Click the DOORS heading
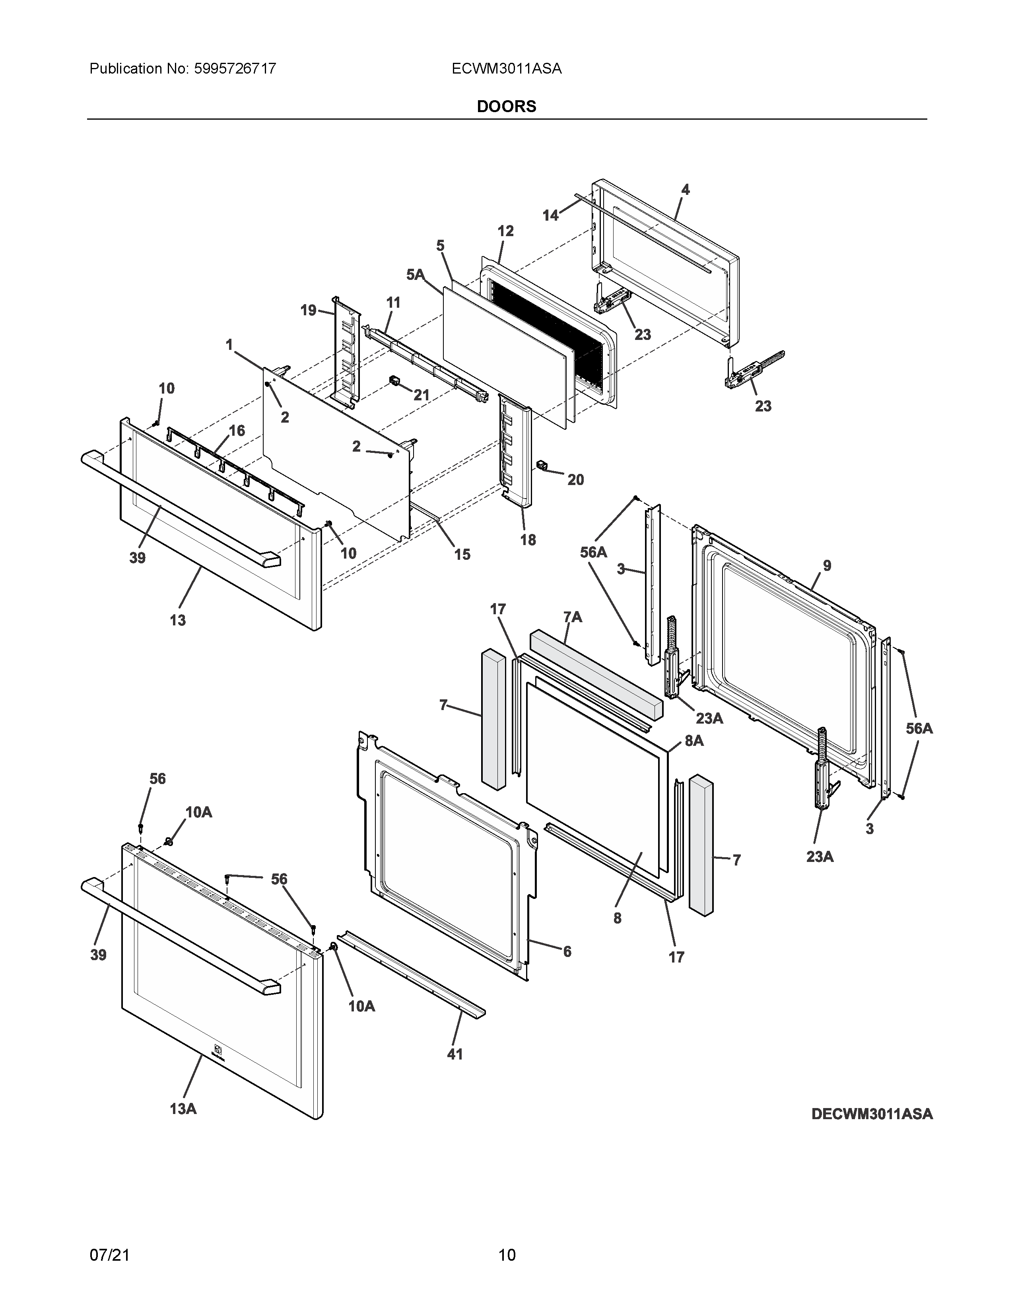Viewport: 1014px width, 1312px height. (x=506, y=106)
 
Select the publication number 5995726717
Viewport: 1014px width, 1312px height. (x=235, y=68)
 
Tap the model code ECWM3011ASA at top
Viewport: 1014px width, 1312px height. (x=506, y=68)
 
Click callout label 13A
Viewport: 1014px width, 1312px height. (x=183, y=1109)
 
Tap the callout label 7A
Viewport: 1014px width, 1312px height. (x=573, y=617)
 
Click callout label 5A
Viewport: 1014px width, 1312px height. (x=415, y=275)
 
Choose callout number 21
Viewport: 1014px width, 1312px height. (x=421, y=395)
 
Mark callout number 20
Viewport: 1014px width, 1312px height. (x=575, y=479)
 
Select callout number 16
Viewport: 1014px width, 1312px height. (x=237, y=430)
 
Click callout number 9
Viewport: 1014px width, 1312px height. (x=827, y=565)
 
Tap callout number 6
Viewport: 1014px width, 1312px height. (x=567, y=951)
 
